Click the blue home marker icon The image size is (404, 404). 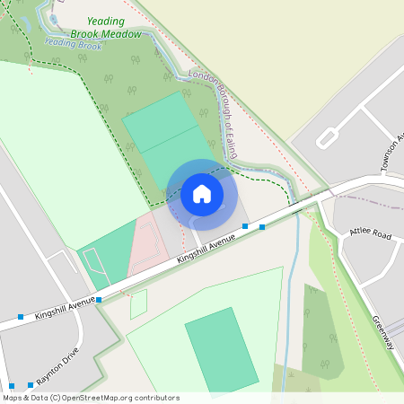coord(202,194)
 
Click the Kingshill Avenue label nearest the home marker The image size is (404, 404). coord(206,248)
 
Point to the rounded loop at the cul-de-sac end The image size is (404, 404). coord(326,138)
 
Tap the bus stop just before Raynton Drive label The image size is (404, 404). coord(30,384)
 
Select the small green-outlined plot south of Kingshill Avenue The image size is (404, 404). coord(138,304)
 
